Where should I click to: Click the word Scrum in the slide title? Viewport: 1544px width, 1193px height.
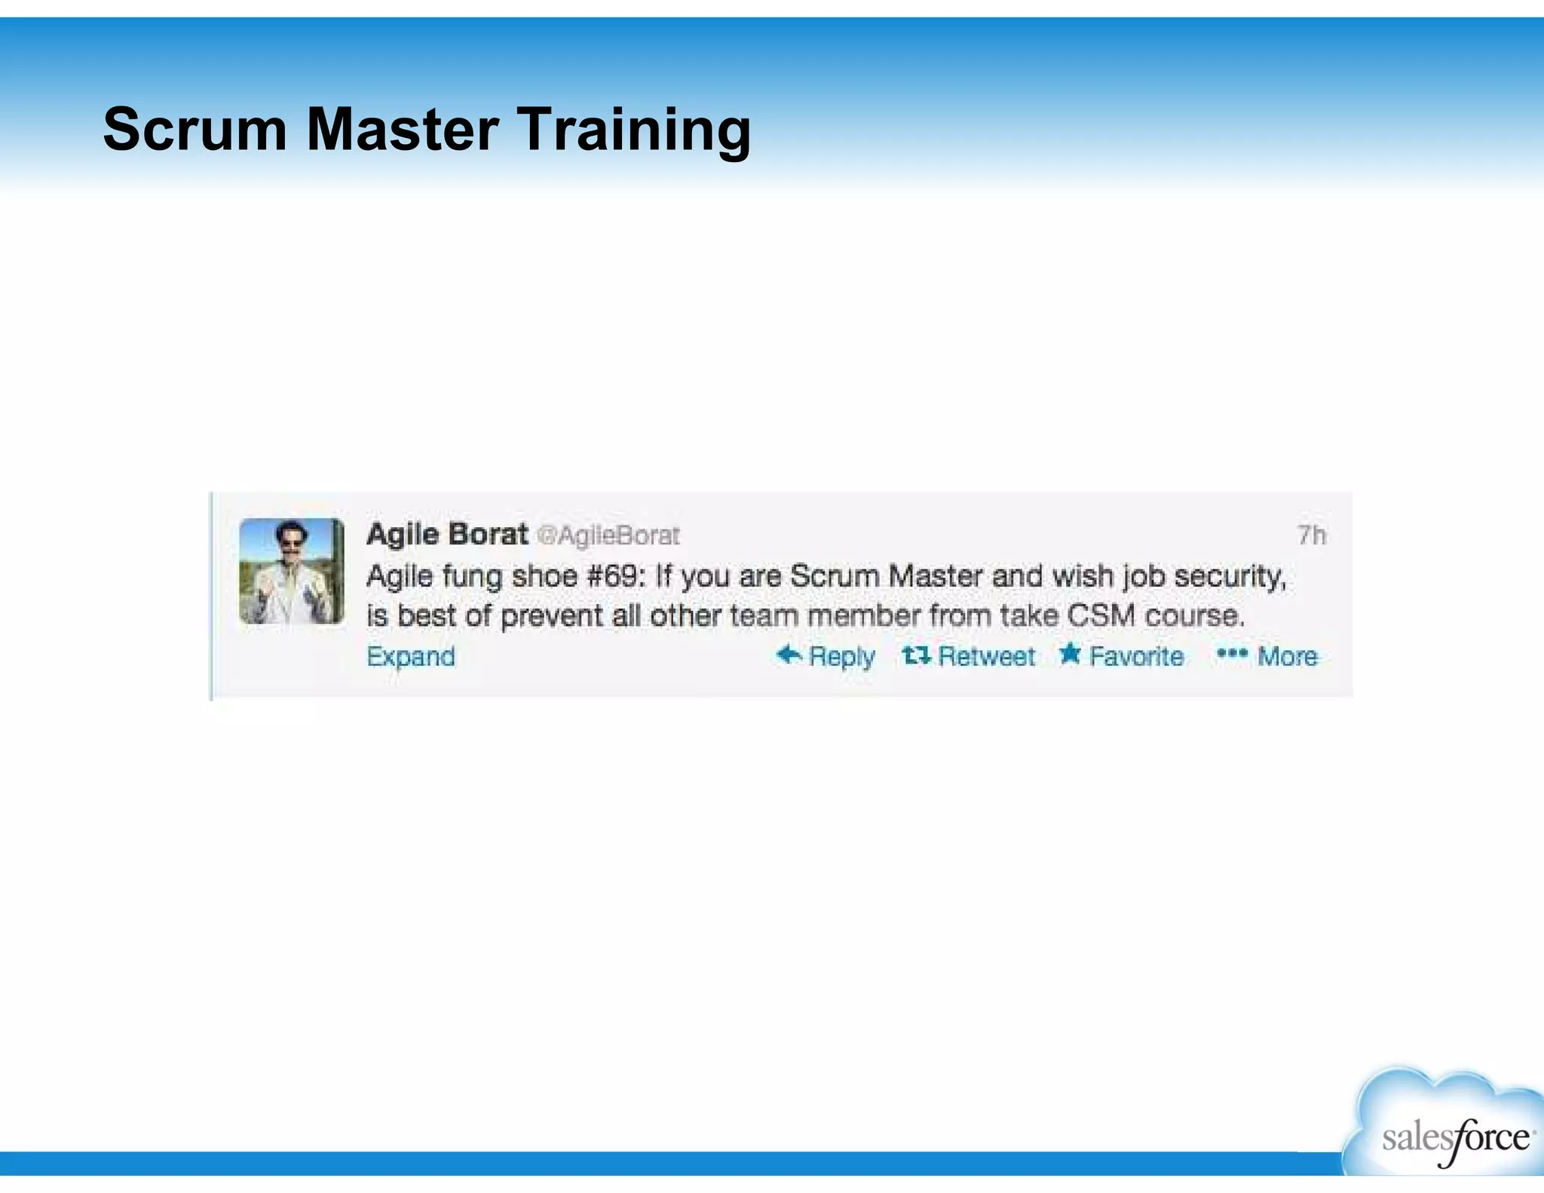click(x=195, y=129)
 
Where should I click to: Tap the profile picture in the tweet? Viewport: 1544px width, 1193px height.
click(x=292, y=571)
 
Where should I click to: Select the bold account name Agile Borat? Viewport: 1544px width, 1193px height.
click(x=447, y=534)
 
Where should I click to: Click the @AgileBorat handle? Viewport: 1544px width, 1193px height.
click(x=608, y=535)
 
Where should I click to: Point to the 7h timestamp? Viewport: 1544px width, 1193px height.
click(x=1311, y=535)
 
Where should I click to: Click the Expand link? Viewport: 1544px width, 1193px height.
click(x=411, y=656)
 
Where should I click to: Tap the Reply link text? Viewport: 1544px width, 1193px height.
click(x=841, y=656)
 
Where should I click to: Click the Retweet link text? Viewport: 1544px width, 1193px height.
click(x=986, y=656)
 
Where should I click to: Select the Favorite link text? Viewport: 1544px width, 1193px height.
click(x=1136, y=656)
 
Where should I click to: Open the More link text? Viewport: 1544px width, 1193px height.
click(x=1288, y=656)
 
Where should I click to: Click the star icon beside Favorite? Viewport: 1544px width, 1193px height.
click(x=1070, y=654)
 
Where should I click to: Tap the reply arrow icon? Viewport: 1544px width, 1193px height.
click(x=789, y=655)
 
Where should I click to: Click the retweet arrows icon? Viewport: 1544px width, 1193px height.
click(x=916, y=655)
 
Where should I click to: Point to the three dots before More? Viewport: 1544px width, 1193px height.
click(x=1232, y=654)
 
